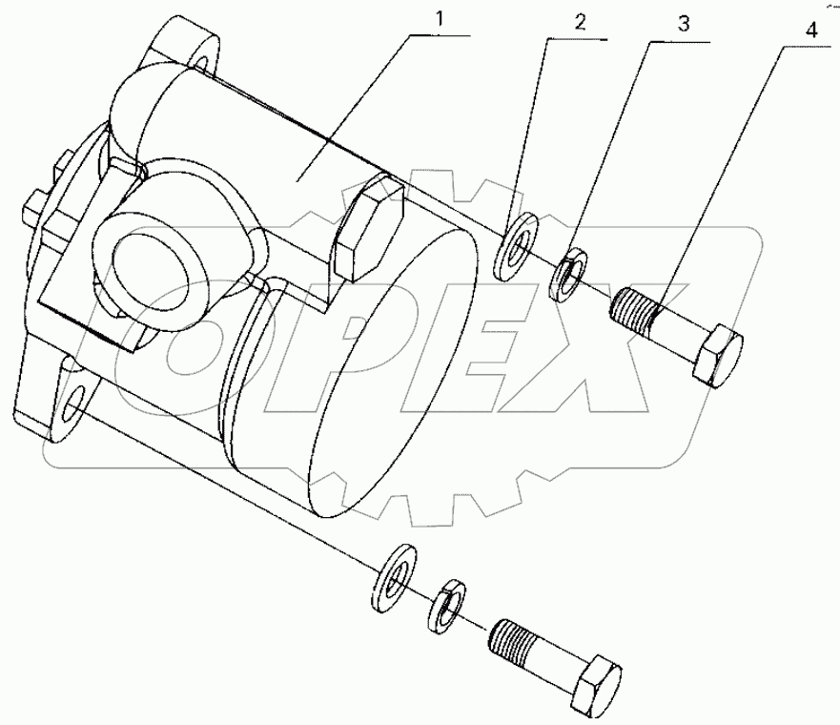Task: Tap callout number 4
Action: [810, 30]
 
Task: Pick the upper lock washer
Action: [569, 273]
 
